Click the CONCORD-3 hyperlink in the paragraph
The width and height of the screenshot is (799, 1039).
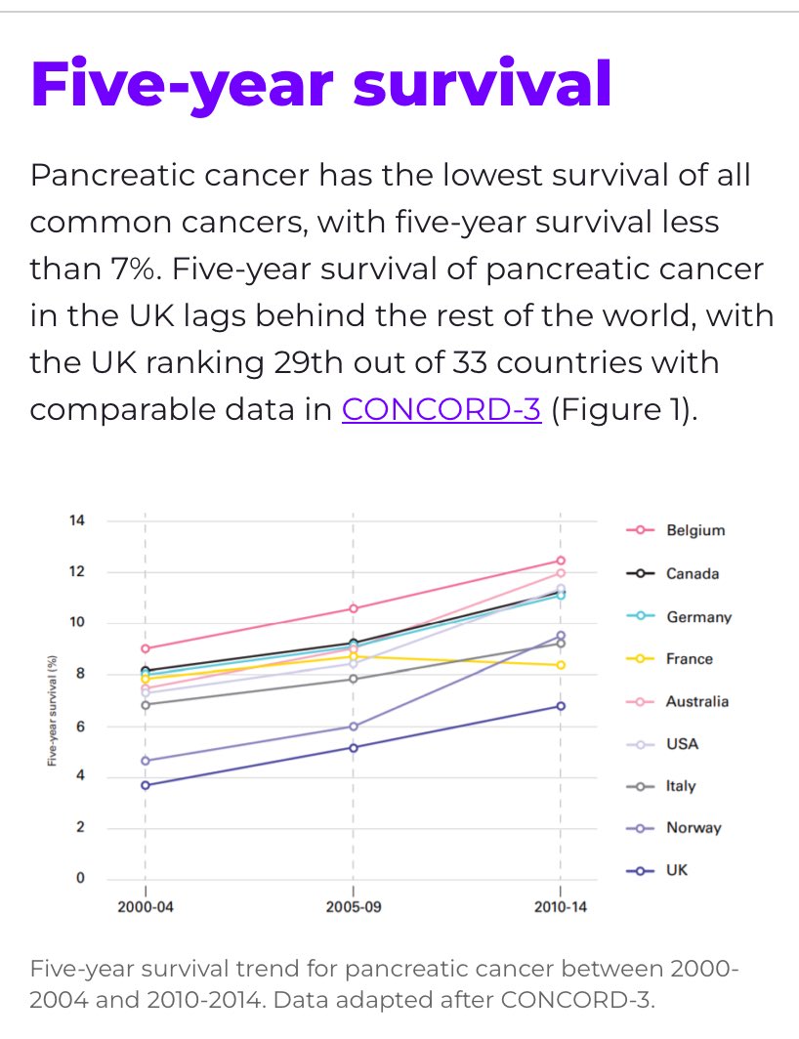442,409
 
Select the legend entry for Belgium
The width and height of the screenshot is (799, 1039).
695,530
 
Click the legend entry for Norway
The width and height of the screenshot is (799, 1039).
693,827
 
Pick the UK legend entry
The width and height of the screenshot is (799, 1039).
676,869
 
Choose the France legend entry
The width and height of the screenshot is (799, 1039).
689,658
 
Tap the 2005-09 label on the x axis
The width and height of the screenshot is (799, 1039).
354,906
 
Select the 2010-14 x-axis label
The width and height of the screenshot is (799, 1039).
561,906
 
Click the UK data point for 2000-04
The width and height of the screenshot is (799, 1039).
146,785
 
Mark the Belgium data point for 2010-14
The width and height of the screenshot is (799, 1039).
561,561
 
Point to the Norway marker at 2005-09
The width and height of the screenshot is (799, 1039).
354,727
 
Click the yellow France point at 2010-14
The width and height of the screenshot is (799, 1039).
561,665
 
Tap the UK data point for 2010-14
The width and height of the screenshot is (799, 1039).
561,706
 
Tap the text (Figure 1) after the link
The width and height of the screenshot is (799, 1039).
624,409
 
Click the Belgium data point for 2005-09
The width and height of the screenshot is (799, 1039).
354,608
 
